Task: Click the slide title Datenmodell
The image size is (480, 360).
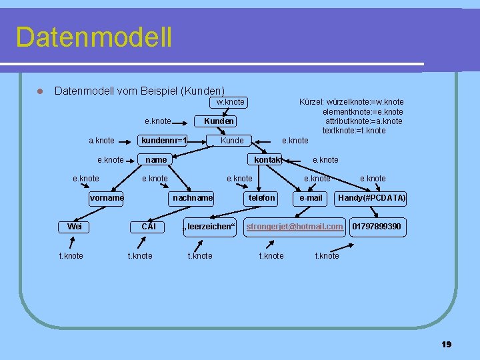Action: (93, 37)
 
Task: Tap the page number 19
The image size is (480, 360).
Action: (447, 344)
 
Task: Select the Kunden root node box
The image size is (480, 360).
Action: (219, 121)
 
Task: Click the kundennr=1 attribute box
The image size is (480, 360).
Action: (163, 141)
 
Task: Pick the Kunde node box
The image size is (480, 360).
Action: (232, 141)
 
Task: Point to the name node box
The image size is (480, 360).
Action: (156, 160)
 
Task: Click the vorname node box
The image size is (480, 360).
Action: (107, 198)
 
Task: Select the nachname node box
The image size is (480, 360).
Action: (193, 198)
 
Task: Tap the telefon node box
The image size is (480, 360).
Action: (262, 198)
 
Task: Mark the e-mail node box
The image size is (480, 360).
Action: (311, 198)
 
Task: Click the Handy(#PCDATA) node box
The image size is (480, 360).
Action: (372, 198)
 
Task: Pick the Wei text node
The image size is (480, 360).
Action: (75, 227)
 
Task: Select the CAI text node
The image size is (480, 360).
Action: (149, 227)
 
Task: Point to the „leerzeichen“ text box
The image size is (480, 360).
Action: (209, 227)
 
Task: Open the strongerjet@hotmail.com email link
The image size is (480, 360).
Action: (295, 227)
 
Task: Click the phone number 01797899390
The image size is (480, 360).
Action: (377, 227)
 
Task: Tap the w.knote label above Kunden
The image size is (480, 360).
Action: (230, 102)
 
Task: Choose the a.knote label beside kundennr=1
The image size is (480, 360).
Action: (101, 141)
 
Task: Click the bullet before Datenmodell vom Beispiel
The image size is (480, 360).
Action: (40, 91)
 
